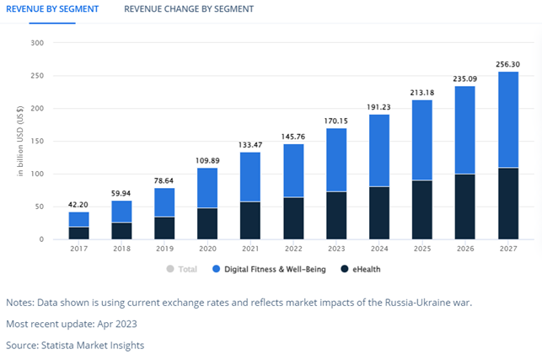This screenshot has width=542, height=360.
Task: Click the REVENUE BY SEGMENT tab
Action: pos(52,9)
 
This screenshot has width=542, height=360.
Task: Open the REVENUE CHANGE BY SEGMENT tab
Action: pos(188,9)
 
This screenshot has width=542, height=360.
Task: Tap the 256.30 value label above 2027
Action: pos(508,63)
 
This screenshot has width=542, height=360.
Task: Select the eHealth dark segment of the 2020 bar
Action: pos(208,223)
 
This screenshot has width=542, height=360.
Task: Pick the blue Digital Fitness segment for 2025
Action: pos(422,140)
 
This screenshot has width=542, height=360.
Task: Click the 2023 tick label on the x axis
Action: pos(336,250)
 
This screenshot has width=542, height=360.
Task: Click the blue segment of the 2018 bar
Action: pos(122,212)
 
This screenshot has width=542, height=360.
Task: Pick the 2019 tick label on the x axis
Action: pos(165,250)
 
